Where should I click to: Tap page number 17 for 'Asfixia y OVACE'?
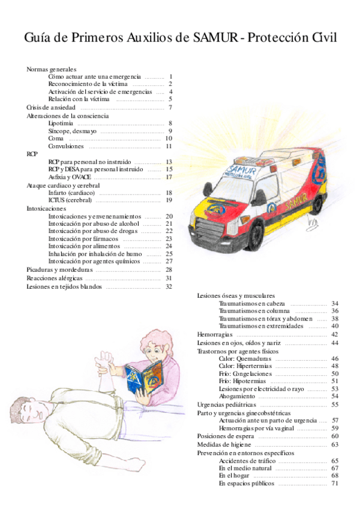point(169,177)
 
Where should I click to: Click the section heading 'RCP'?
point(32,154)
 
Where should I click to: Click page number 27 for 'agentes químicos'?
point(169,261)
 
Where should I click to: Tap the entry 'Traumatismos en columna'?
point(254,311)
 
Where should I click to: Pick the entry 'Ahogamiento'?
point(238,396)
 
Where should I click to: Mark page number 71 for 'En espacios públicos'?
point(335,483)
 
